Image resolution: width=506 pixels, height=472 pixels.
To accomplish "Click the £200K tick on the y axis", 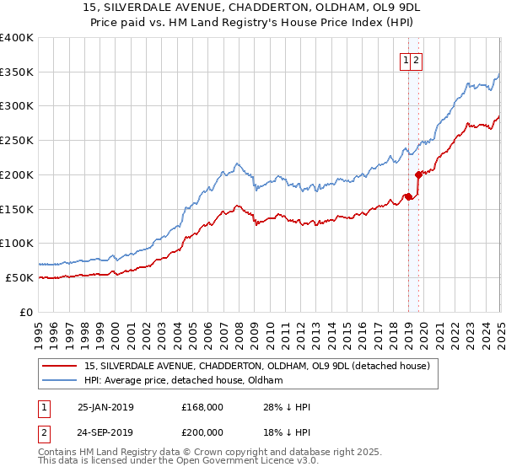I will pyautogui.click(x=19, y=174).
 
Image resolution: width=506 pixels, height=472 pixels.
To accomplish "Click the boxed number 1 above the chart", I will pyautogui.click(x=406, y=60).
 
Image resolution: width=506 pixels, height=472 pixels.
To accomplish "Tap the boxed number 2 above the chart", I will pyautogui.click(x=417, y=60).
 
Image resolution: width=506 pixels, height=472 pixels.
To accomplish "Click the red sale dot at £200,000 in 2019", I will pyautogui.click(x=418, y=174).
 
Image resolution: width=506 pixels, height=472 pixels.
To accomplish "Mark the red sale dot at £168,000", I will pyautogui.click(x=408, y=196).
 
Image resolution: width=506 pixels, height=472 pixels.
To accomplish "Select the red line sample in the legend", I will pyautogui.click(x=59, y=366).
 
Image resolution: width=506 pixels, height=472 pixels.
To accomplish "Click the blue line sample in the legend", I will pyautogui.click(x=59, y=380).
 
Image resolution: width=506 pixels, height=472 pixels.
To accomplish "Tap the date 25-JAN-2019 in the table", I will pyautogui.click(x=105, y=407).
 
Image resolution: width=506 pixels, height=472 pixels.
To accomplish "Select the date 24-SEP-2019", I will pyautogui.click(x=105, y=431).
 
